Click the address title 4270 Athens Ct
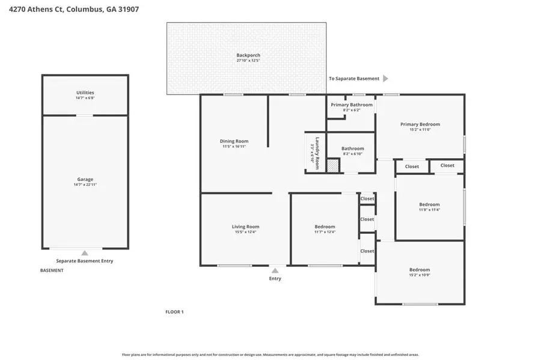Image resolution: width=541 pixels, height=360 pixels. [x=70, y=10]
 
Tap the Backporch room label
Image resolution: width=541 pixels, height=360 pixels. [x=248, y=55]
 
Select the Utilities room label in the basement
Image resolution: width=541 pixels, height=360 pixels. [x=85, y=93]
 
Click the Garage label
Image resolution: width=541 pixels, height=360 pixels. [x=85, y=179]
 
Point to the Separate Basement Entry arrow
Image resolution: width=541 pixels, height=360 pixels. [x=85, y=253]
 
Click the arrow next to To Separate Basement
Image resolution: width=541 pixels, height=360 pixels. [x=385, y=79]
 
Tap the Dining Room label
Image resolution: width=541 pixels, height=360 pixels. [x=234, y=141]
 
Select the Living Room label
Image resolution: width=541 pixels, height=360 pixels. [x=245, y=227]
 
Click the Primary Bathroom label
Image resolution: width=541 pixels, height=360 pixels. [x=351, y=105]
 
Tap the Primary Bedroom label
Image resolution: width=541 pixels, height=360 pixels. [x=420, y=124]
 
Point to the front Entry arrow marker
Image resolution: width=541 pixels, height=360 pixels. [x=275, y=270]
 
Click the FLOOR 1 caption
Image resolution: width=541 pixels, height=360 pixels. [x=174, y=312]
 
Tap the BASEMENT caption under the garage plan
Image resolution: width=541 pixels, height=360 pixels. [x=52, y=270]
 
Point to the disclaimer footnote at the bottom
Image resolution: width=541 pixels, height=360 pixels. [x=270, y=355]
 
